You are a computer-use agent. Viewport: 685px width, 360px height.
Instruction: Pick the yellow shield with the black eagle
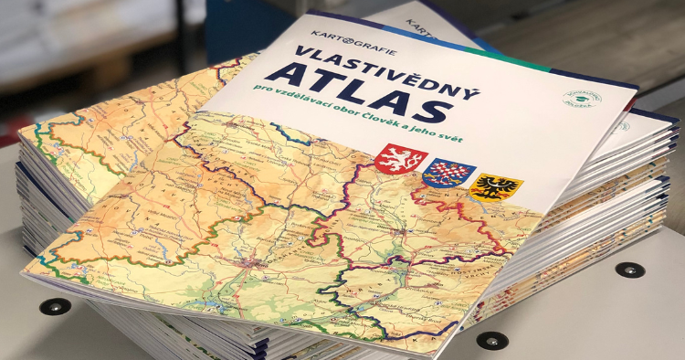496,188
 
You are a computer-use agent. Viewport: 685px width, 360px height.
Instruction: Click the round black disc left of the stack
57,306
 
